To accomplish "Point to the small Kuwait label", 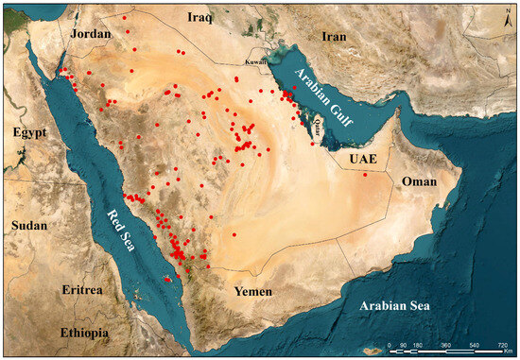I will [256, 61].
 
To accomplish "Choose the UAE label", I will [362, 160].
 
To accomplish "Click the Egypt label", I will [29, 133].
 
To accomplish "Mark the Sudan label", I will [29, 225].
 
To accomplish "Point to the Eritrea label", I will [80, 289].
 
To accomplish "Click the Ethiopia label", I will [84, 333].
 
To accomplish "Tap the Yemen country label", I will [254, 292].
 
